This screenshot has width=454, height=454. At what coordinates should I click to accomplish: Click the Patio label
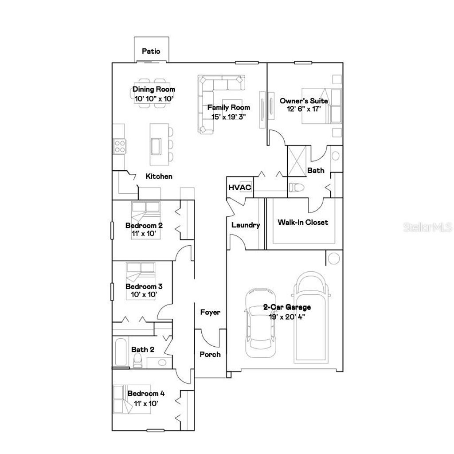(x=151, y=51)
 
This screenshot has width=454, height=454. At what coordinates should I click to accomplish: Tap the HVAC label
(x=239, y=187)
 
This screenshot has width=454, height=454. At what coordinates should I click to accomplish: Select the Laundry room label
(x=246, y=225)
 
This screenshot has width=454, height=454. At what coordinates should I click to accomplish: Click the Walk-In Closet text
(x=303, y=222)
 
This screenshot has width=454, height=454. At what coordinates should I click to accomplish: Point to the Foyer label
(x=210, y=312)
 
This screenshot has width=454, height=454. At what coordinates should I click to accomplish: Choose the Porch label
(x=210, y=354)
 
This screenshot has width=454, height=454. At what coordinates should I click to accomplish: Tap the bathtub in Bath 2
(x=121, y=352)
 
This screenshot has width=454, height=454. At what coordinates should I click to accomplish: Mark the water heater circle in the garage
(x=333, y=257)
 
